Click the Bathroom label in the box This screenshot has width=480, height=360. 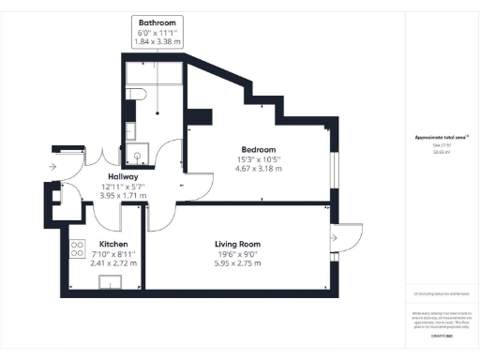tap(157, 22)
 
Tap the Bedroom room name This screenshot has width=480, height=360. tap(258, 150)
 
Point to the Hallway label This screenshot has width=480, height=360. tap(123, 176)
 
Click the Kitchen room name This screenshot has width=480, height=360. tap(113, 244)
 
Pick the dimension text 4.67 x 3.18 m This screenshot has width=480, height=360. tap(258, 170)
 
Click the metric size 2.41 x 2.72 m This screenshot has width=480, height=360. tap(113, 263)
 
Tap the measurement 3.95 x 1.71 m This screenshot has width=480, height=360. tap(123, 196)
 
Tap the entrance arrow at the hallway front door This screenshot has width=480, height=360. tap(52, 167)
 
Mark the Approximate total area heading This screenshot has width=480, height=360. tap(441, 138)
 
